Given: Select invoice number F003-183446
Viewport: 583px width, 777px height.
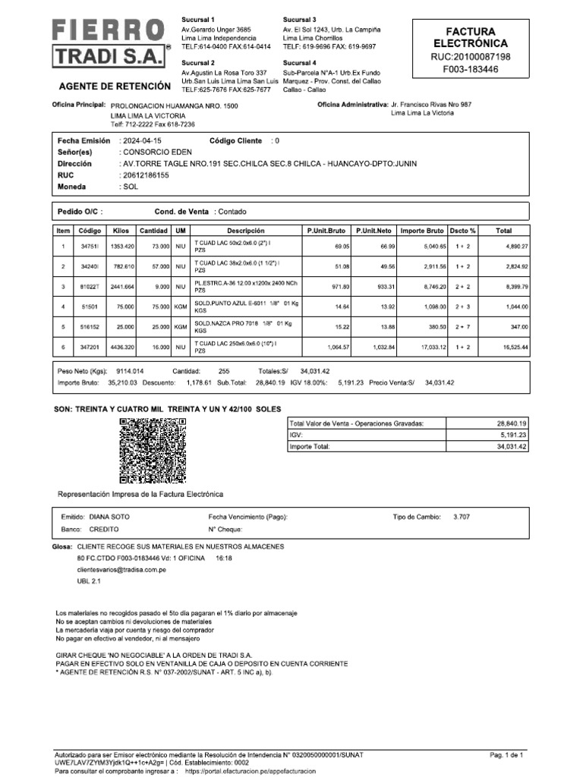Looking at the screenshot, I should coord(470,69).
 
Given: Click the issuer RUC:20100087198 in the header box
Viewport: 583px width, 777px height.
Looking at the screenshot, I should coord(470,57).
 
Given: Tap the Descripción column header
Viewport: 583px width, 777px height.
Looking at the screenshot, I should coord(245,230).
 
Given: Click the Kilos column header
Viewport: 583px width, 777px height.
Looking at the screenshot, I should coord(121,230).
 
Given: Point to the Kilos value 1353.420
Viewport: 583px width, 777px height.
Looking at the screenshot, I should coord(121,247).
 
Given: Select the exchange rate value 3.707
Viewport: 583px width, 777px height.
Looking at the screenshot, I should coord(461,516).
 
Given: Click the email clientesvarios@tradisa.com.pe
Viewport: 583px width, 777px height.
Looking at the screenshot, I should coord(121,568).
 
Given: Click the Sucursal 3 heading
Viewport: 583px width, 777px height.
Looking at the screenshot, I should coord(299,18).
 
